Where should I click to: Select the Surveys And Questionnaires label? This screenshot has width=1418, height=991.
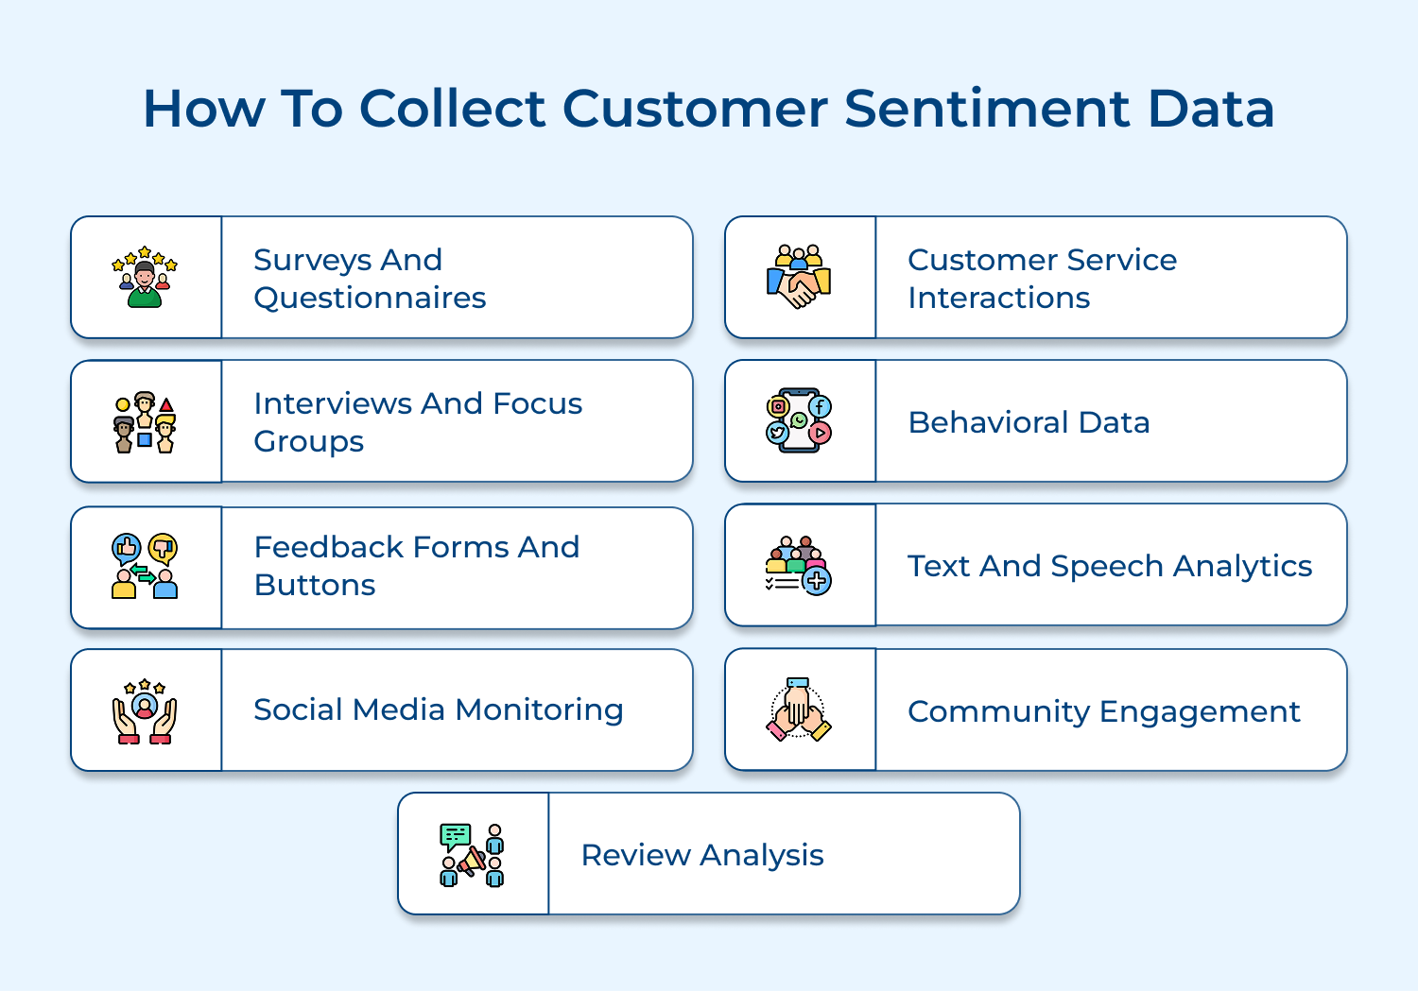pos(370,279)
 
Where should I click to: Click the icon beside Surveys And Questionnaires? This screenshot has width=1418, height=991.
pos(145,278)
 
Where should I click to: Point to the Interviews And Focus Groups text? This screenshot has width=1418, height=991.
pos(417,422)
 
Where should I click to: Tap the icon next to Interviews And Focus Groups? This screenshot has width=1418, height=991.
pos(145,422)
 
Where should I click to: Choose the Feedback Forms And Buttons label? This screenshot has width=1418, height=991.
pos(416,566)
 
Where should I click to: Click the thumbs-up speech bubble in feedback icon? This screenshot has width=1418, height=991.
pos(127,548)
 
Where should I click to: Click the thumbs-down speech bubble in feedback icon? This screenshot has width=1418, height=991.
pos(164,548)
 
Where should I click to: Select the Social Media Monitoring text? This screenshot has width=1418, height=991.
pos(438,709)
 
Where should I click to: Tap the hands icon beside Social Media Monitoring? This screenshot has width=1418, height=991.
pos(145,711)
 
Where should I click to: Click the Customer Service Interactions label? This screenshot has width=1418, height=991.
pos(1042,279)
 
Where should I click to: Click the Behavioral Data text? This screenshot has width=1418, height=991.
pos(1029,422)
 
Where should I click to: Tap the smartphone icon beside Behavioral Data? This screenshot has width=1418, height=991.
pos(799,420)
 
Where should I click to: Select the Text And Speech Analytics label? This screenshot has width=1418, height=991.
pos(1110,566)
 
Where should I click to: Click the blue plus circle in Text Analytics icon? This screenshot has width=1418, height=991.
pos(818,581)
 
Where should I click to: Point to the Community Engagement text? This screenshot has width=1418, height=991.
pos(1103,711)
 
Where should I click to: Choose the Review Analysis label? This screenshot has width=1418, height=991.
pos(702,855)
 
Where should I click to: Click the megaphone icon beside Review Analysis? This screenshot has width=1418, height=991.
pos(471,861)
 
